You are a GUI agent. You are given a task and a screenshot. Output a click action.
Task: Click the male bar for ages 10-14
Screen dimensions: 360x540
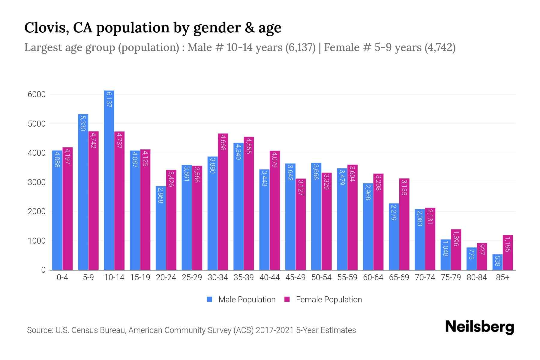[x=109, y=180]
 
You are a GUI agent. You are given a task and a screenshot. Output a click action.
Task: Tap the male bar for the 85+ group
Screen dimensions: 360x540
[x=497, y=262]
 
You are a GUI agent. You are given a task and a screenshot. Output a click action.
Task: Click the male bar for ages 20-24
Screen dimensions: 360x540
[x=161, y=228]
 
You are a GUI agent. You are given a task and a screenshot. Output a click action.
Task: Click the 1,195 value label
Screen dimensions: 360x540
[x=508, y=244]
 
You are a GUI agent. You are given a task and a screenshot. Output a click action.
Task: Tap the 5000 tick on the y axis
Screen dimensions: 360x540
[x=37, y=124]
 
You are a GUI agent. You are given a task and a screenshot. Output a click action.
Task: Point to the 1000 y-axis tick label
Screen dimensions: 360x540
[x=37, y=241]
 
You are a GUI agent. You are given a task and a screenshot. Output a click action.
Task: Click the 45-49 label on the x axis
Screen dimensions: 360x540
[x=295, y=277]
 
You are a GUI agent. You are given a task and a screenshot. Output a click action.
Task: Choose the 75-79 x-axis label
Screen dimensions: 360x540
[x=451, y=277]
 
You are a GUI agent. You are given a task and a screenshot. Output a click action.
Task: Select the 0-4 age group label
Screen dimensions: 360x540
[x=62, y=277]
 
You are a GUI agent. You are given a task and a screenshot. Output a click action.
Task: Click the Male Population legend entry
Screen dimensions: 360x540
[x=247, y=300]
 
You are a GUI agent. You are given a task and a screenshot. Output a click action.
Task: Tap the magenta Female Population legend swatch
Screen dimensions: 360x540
[x=287, y=299]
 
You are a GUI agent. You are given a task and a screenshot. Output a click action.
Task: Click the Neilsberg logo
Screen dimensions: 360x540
[x=479, y=327]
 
